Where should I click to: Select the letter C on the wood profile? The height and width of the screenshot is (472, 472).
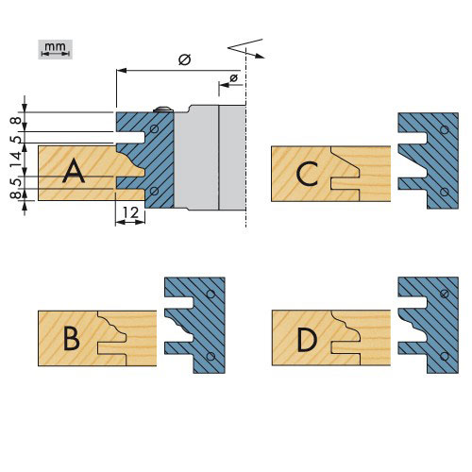point(307,174)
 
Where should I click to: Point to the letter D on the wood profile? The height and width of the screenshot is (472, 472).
point(307,340)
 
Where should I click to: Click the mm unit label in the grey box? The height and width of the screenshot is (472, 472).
point(55,46)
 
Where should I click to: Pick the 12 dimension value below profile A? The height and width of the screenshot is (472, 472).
point(130,213)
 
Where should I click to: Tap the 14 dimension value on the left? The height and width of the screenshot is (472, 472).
point(17,160)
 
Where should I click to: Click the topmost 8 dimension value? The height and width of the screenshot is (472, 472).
point(17,121)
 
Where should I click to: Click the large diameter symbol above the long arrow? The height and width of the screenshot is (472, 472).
point(185,59)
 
